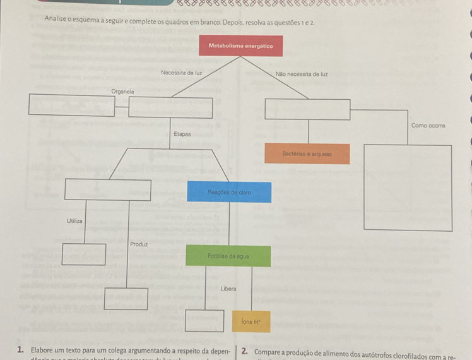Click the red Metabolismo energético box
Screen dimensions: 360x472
click(x=240, y=46)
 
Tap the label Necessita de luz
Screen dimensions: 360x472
click(x=181, y=73)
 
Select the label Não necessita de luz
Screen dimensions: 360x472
click(x=302, y=74)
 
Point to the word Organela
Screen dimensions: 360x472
click(x=122, y=92)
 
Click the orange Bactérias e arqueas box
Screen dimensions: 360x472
click(x=307, y=153)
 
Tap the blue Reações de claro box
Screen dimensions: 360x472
click(x=230, y=191)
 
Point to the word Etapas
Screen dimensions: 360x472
click(x=182, y=134)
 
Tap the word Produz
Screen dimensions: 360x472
click(x=139, y=244)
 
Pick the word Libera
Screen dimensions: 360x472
click(x=228, y=289)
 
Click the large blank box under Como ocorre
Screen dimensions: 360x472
click(x=408, y=188)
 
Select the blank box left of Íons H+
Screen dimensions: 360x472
click(x=204, y=321)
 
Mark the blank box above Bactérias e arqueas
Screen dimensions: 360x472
click(x=307, y=109)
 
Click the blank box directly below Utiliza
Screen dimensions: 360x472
click(x=84, y=254)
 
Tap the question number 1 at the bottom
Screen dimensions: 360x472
click(x=21, y=351)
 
